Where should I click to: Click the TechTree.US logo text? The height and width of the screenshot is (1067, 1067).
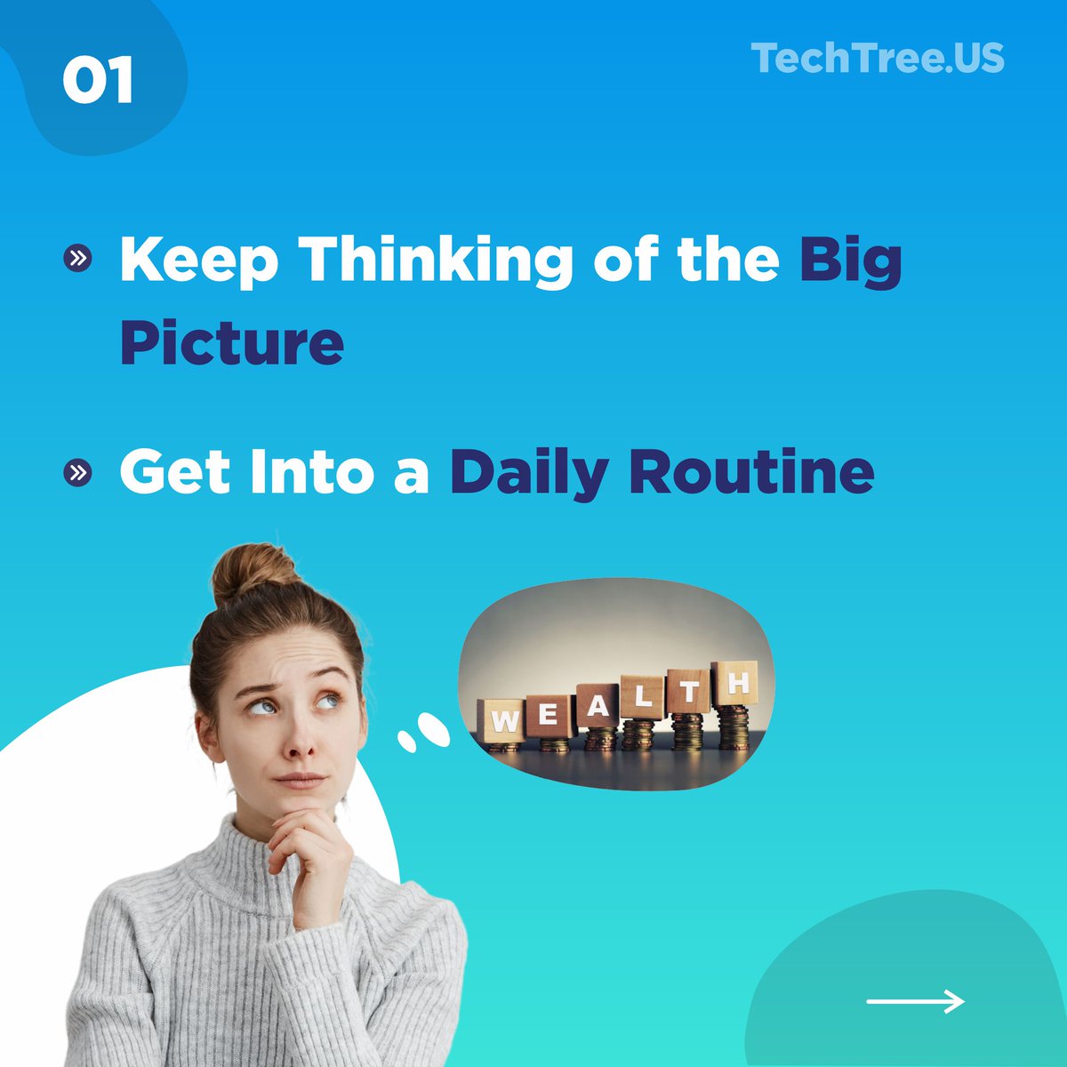click(878, 59)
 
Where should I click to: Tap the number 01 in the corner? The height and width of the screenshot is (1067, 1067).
click(98, 81)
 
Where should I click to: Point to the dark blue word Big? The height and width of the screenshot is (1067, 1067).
click(850, 260)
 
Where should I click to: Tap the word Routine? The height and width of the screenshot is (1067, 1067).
click(751, 472)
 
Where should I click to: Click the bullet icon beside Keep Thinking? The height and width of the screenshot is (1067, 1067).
click(78, 259)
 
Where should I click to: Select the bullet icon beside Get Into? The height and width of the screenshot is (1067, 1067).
click(78, 472)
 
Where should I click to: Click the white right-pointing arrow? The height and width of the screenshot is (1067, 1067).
click(915, 1002)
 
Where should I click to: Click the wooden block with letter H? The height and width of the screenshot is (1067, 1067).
click(735, 683)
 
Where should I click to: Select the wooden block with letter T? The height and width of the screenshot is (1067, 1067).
click(689, 691)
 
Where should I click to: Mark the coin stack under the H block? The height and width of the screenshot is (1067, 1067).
click(734, 726)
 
